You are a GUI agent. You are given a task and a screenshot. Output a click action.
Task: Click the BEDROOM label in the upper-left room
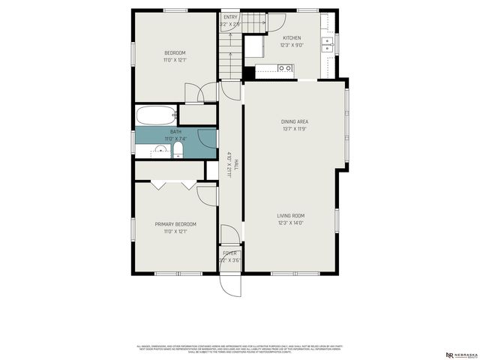pyautogui.click(x=175, y=52)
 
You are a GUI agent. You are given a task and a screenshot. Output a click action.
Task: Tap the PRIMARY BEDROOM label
pyautogui.click(x=175, y=224)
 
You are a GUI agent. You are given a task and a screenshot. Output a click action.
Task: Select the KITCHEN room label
pyautogui.click(x=292, y=37)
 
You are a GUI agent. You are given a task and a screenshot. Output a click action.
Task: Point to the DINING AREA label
pyautogui.click(x=295, y=121)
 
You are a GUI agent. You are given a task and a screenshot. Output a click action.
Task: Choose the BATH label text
pyautogui.click(x=175, y=132)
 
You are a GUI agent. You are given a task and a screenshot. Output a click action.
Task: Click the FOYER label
pyautogui.click(x=229, y=253)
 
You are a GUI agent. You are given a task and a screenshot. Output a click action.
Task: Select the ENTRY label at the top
pyautogui.click(x=229, y=16)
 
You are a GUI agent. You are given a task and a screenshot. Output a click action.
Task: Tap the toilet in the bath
pyautogui.click(x=178, y=152)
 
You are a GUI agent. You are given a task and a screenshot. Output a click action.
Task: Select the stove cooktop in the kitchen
pyautogui.click(x=284, y=68)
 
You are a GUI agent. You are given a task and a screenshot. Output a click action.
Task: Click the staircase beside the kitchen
pyautogui.click(x=231, y=52)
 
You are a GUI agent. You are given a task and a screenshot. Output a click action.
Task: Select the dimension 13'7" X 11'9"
pyautogui.click(x=295, y=129)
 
